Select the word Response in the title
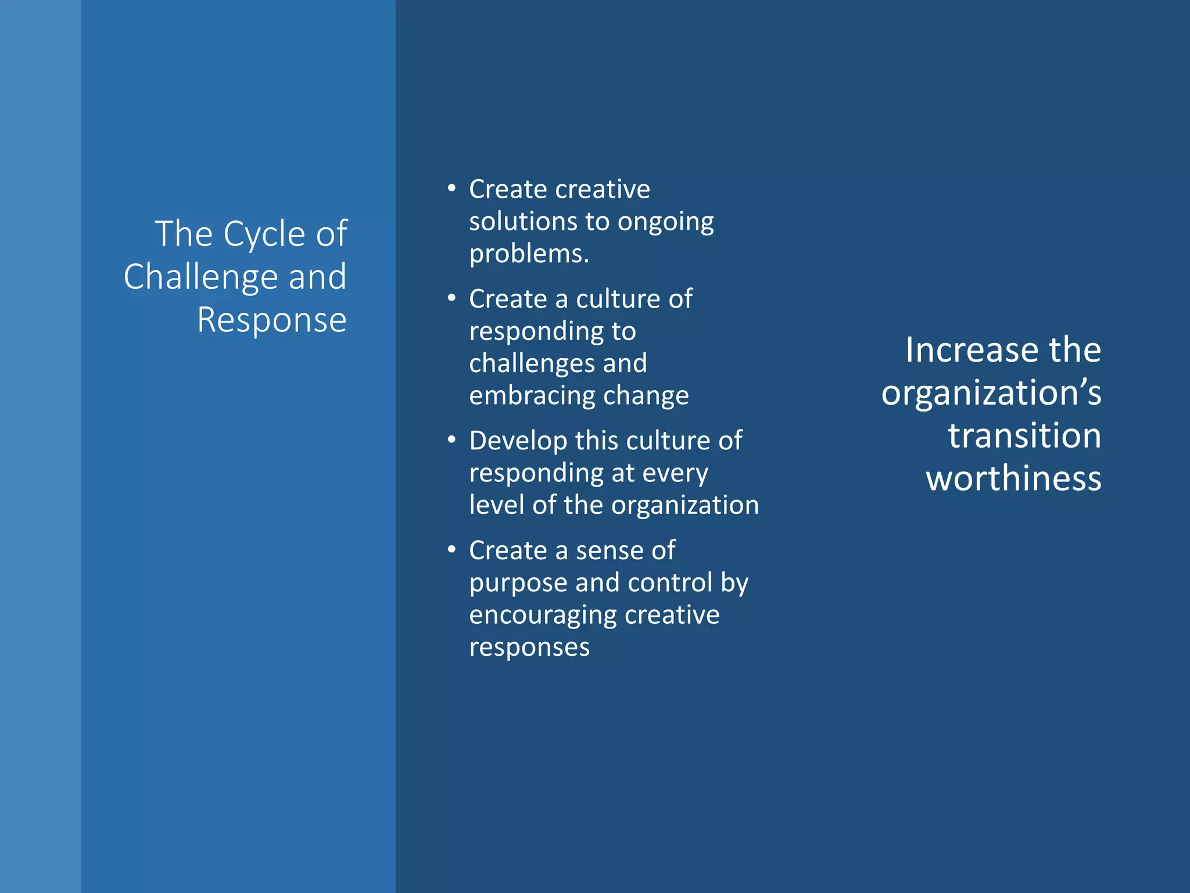click(x=271, y=320)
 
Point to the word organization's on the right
click(x=991, y=394)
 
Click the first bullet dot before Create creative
click(x=451, y=188)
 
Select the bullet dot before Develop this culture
click(x=451, y=440)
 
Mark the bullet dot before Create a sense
click(x=451, y=549)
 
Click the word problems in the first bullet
click(x=529, y=255)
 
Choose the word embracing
click(x=531, y=396)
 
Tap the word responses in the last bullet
click(x=529, y=647)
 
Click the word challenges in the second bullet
click(x=531, y=364)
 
